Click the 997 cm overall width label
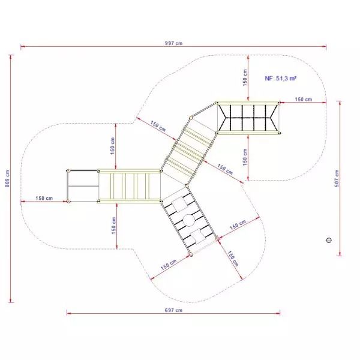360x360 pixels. pyautogui.click(x=173, y=43)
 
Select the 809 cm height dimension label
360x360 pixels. pyautogui.click(x=7, y=179)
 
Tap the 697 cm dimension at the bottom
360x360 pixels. pyautogui.click(x=173, y=310)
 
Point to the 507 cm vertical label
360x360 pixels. pyautogui.click(x=337, y=178)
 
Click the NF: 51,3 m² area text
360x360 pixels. pyautogui.click(x=281, y=78)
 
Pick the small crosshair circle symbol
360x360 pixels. pyautogui.click(x=329, y=240)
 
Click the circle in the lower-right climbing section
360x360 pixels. pyautogui.click(x=189, y=220)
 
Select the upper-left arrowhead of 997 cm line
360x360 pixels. pyautogui.click(x=22, y=47)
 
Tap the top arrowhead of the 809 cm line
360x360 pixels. pyautogui.click(x=11, y=57)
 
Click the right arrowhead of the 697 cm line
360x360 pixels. pyautogui.click(x=278, y=313)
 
